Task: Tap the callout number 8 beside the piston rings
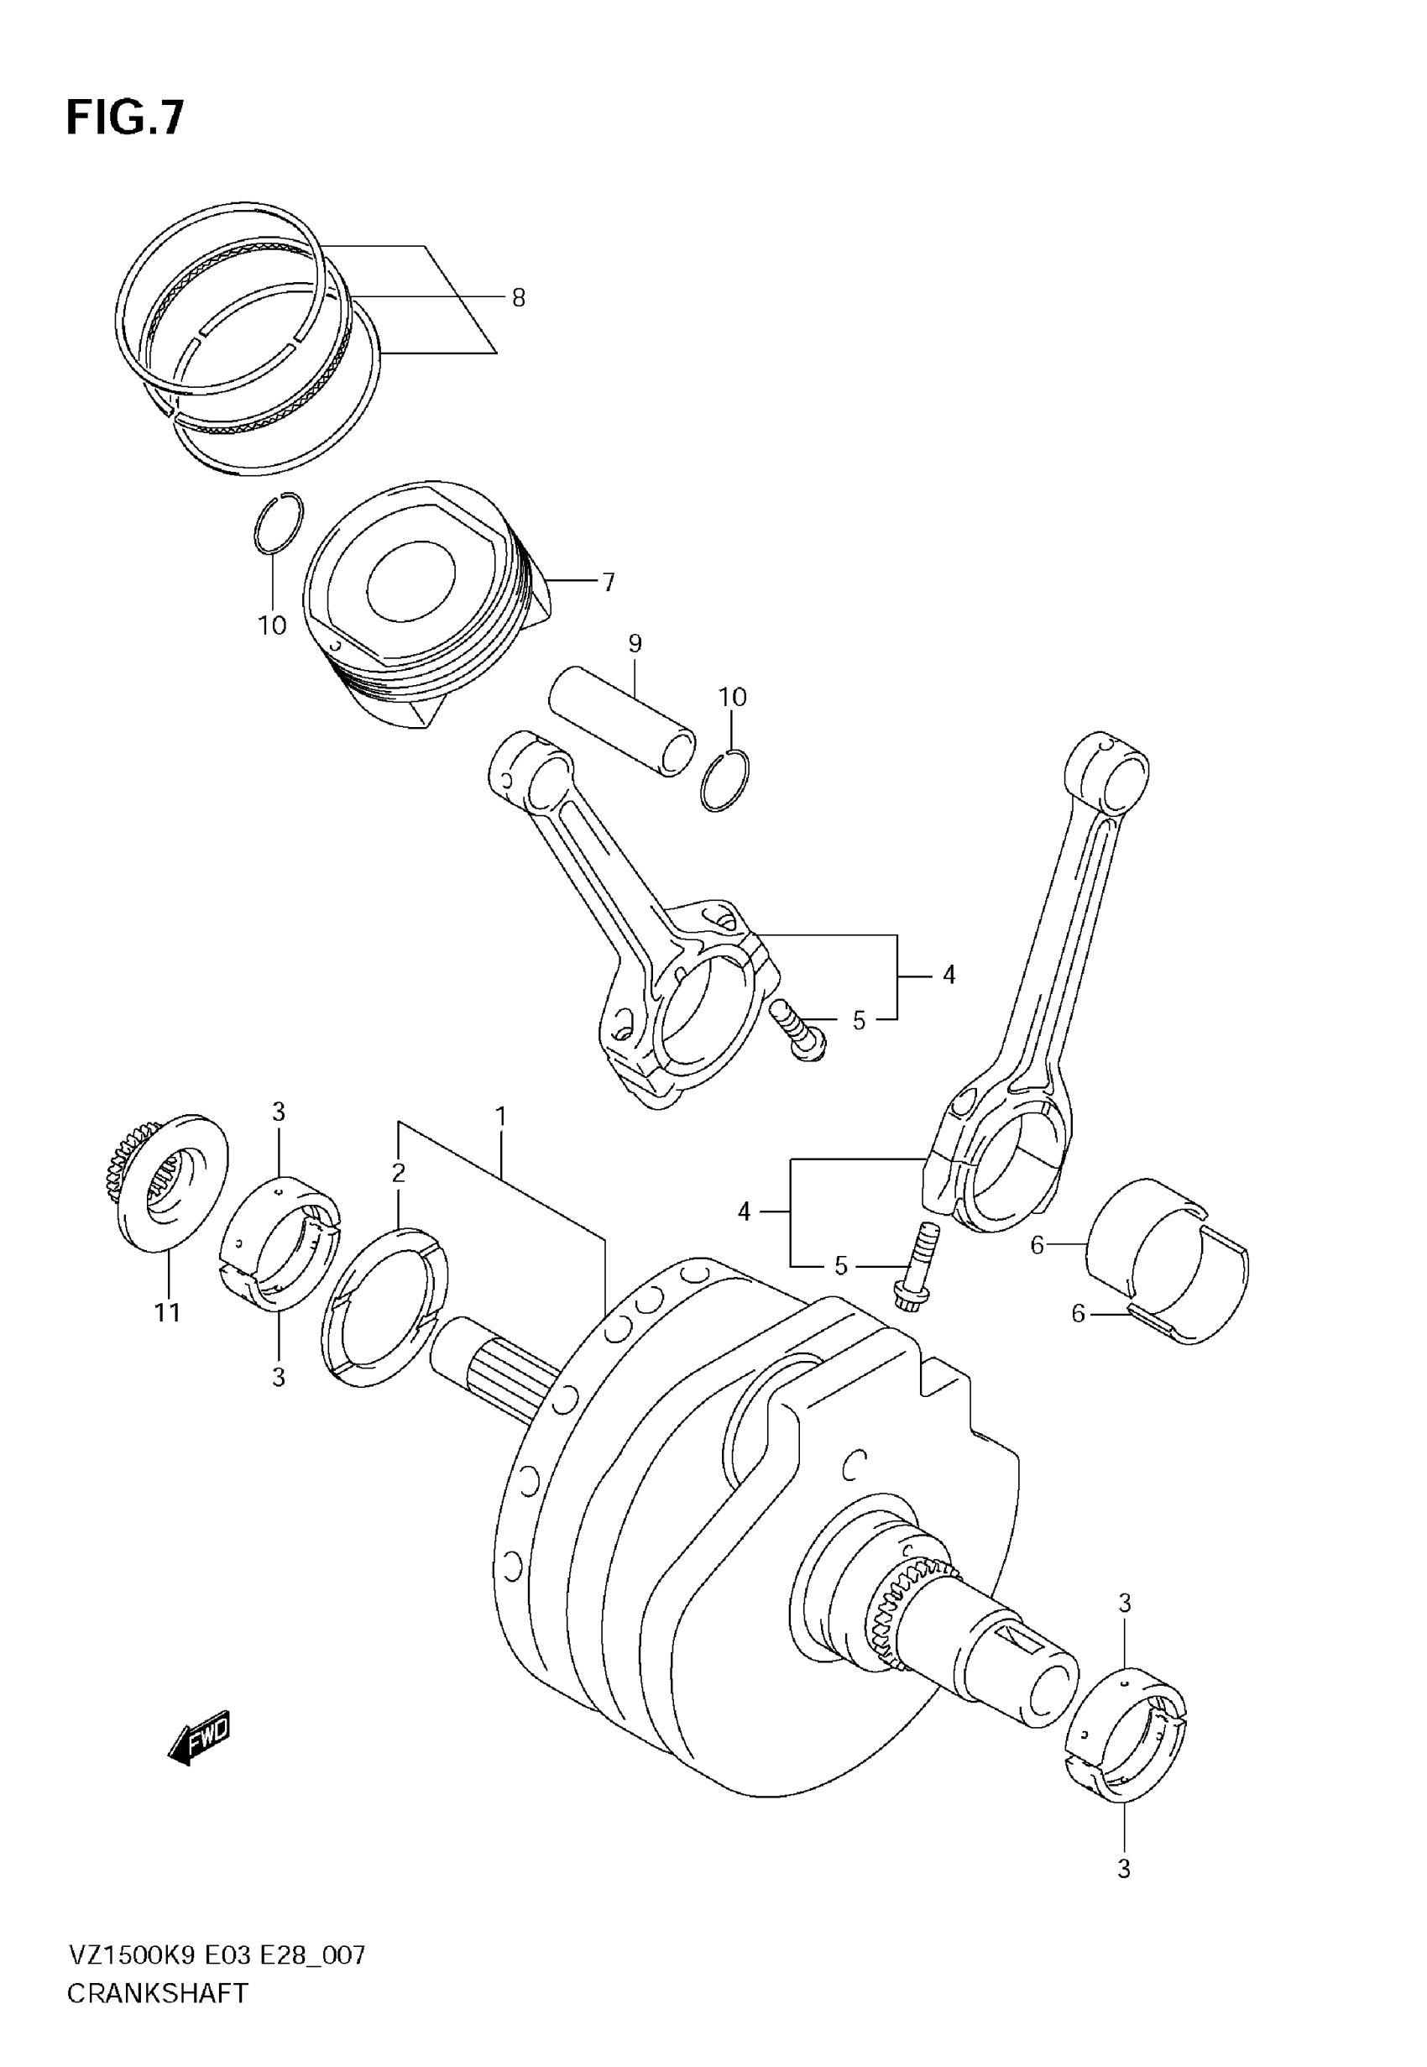click(x=519, y=298)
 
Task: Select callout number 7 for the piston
click(x=609, y=582)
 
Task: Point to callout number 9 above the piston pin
click(x=635, y=643)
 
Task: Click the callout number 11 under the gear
click(x=168, y=1312)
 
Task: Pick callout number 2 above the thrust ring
click(x=399, y=1172)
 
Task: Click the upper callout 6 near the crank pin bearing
click(x=1038, y=1244)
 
